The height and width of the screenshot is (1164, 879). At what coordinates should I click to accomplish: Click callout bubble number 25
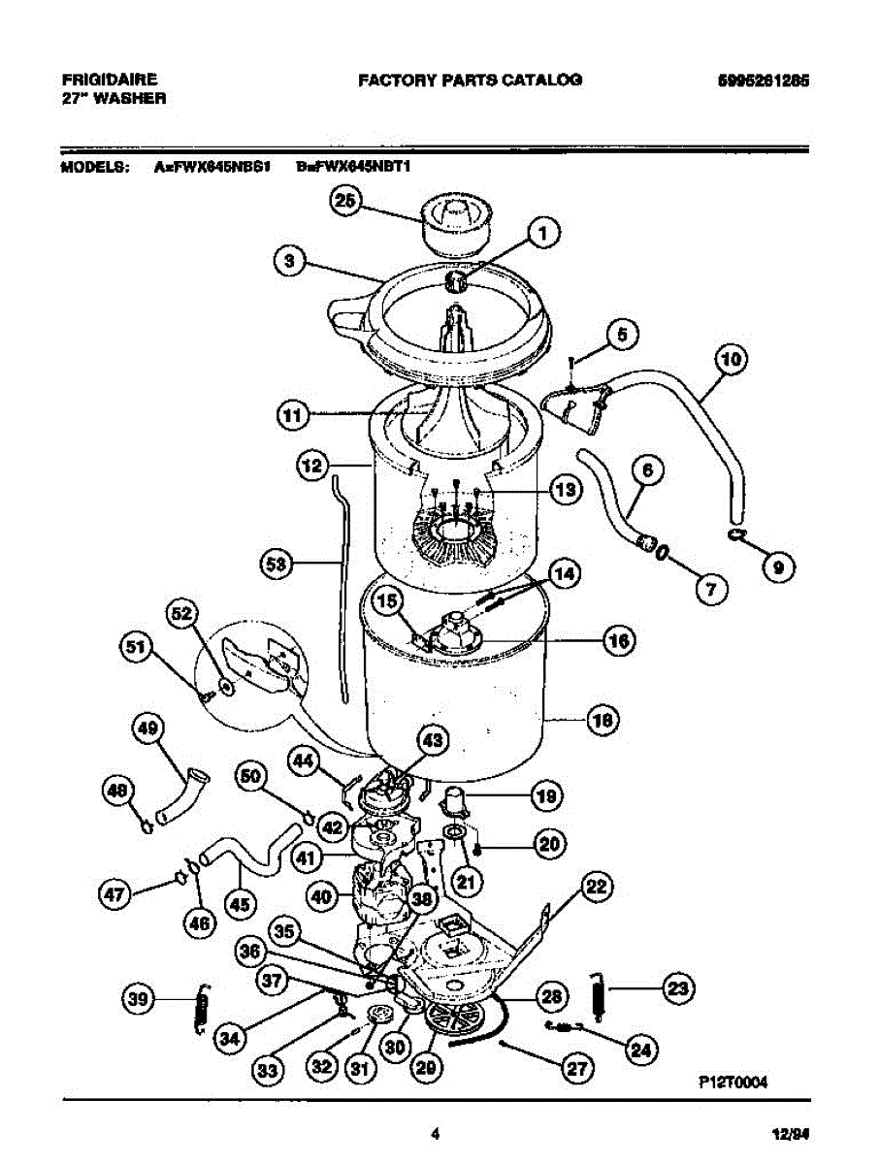(x=346, y=201)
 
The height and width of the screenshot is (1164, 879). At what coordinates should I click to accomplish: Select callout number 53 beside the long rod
(x=279, y=565)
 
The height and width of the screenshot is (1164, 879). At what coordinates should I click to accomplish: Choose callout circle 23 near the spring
(x=677, y=988)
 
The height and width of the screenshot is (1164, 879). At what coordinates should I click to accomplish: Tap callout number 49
(x=148, y=727)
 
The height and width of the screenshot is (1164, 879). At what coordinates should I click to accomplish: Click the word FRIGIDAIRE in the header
(x=109, y=80)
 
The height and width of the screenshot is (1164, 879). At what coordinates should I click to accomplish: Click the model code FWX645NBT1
(x=354, y=167)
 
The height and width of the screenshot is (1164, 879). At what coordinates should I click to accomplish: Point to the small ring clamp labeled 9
(x=737, y=534)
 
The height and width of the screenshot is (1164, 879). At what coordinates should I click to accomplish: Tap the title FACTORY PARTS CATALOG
(x=470, y=81)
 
